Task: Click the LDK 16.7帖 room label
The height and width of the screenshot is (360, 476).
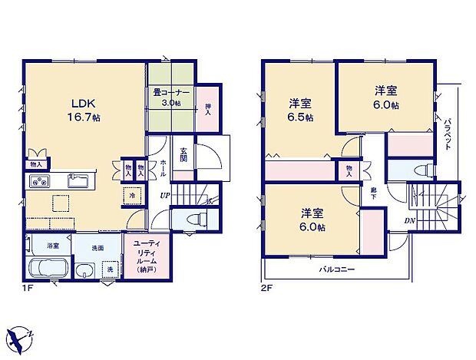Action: point(84,111)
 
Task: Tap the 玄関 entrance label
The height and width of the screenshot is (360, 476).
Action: point(184,154)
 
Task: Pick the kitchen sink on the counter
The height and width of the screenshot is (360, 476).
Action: point(78,181)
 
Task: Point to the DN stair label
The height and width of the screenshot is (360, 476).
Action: point(410,223)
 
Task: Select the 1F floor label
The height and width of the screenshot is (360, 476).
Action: point(29,289)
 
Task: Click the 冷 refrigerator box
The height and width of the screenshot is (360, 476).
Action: point(132,196)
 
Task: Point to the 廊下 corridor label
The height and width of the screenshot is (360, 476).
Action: point(373,193)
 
